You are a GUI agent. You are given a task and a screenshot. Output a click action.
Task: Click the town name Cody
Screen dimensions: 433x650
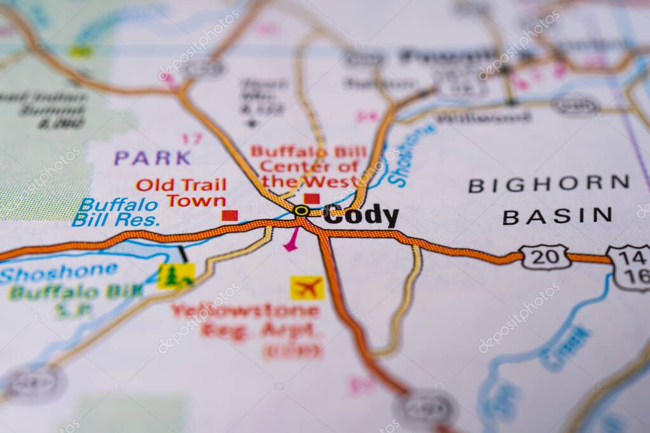click(361, 216)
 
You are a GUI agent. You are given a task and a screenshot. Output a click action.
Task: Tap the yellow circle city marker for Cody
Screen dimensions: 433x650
click(302, 210)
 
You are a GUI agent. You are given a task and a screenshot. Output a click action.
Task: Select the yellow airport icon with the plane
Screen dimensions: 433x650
click(307, 288)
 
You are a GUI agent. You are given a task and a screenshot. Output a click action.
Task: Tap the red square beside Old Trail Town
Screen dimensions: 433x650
click(230, 216)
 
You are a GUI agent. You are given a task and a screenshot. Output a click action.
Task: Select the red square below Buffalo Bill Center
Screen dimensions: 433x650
click(312, 198)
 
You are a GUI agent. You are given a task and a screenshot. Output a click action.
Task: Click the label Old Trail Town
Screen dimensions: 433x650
click(181, 193)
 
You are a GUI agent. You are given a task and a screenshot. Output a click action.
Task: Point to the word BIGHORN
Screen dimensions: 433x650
click(548, 184)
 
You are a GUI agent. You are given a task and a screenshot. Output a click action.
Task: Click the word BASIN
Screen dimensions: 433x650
click(557, 216)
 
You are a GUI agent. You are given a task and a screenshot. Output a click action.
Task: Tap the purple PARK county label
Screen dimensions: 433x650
click(152, 158)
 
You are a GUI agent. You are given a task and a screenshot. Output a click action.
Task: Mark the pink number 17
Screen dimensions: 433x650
click(192, 138)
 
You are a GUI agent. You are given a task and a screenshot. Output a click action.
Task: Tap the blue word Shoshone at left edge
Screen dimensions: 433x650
click(58, 273)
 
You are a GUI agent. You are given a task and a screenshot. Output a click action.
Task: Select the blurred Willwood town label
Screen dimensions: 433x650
click(484, 117)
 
